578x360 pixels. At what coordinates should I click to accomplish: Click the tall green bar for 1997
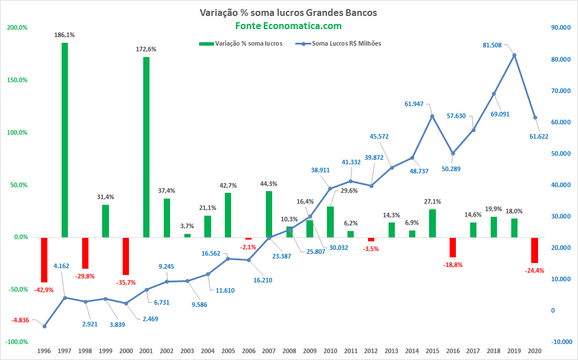click(x=64, y=140)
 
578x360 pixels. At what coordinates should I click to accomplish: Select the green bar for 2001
click(x=146, y=147)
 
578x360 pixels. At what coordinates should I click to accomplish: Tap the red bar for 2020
click(x=535, y=250)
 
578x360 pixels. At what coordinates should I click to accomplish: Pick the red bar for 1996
click(x=44, y=260)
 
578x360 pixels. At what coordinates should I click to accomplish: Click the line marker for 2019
click(x=515, y=55)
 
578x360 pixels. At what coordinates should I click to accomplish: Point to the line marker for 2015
click(x=433, y=116)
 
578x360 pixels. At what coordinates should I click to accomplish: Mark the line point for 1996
click(x=45, y=326)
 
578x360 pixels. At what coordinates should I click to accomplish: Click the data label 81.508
click(x=492, y=45)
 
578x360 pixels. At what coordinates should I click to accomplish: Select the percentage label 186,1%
click(x=64, y=35)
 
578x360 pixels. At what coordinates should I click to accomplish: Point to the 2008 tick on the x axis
click(x=289, y=351)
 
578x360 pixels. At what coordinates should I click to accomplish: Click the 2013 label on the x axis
click(x=391, y=351)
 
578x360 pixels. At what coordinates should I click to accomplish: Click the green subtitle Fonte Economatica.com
click(x=289, y=26)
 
